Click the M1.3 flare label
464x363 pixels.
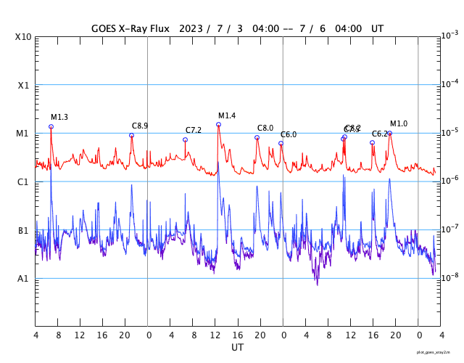click(x=59, y=117)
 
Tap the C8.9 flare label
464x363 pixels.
click(x=140, y=126)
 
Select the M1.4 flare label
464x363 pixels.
click(x=227, y=115)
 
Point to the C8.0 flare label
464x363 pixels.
click(x=265, y=128)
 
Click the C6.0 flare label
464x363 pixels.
click(x=289, y=134)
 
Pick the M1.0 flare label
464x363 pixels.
click(x=399, y=123)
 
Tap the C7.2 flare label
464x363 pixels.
click(x=194, y=130)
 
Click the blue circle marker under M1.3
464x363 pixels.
click(x=51, y=126)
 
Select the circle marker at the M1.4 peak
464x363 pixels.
click(x=218, y=124)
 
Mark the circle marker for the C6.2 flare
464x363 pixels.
click(x=373, y=142)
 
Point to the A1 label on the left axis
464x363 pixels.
click(x=23, y=279)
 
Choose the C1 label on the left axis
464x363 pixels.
click(x=23, y=182)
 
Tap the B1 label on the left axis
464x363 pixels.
click(x=23, y=231)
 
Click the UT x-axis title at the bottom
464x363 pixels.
click(x=238, y=347)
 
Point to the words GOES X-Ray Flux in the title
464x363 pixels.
click(x=130, y=29)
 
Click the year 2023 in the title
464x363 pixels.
click(x=192, y=29)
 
